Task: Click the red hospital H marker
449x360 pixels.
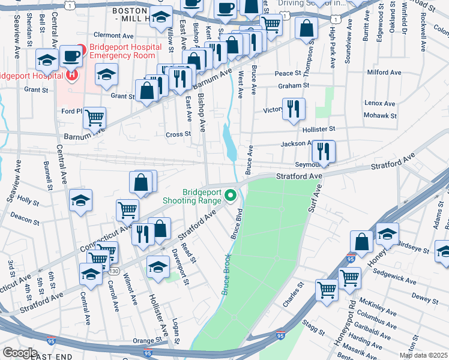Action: click(72, 75)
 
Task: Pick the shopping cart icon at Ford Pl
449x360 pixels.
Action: click(95, 118)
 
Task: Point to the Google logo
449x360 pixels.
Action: click(20, 353)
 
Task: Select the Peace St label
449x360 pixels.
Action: click(287, 73)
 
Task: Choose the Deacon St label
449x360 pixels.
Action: click(25, 221)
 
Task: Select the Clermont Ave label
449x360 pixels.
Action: click(112, 35)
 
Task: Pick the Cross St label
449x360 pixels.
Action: click(178, 134)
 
